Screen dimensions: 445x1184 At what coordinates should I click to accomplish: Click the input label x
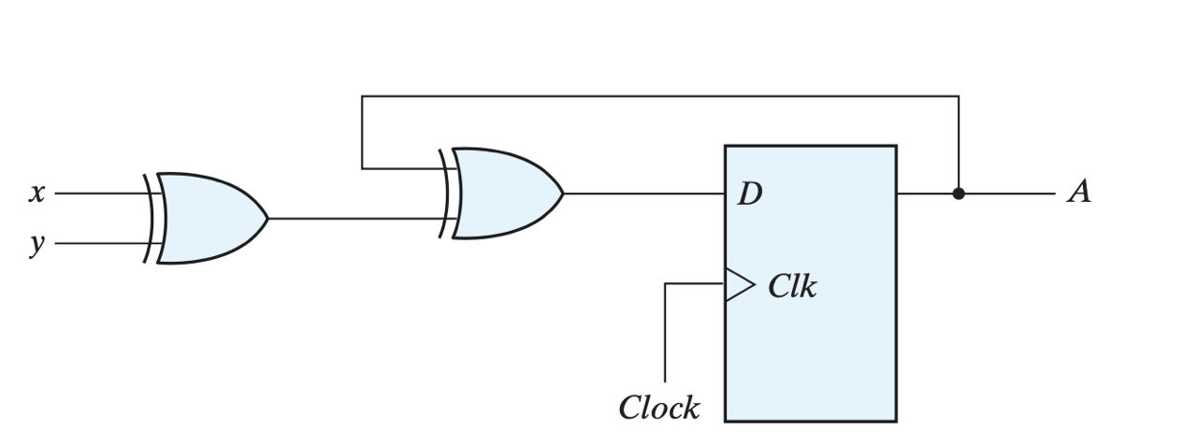click(36, 194)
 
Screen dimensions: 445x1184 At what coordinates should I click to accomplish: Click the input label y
click(36, 244)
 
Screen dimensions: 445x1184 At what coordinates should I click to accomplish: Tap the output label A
click(1079, 193)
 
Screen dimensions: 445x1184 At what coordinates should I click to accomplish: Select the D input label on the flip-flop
click(749, 194)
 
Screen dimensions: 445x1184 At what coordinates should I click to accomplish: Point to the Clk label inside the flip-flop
click(791, 287)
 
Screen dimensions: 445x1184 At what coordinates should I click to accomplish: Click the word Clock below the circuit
click(658, 408)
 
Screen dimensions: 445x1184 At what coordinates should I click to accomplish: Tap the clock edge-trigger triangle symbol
click(738, 284)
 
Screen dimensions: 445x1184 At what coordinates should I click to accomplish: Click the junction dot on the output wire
click(958, 194)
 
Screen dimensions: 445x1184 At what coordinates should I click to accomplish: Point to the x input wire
click(98, 194)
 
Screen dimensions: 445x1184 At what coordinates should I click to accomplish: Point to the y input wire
click(98, 243)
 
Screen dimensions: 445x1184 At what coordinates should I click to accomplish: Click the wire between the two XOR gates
click(355, 219)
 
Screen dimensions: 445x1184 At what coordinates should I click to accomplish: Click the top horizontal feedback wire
click(655, 96)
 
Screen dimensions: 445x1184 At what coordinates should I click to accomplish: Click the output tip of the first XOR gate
click(267, 218)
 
